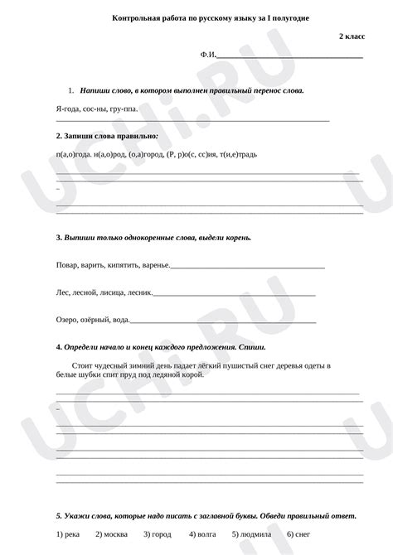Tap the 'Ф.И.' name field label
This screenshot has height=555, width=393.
[207, 55]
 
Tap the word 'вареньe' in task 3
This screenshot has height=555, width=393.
[149, 265]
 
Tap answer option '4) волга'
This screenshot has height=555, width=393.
[201, 534]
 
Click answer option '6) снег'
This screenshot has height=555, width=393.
[298, 534]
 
